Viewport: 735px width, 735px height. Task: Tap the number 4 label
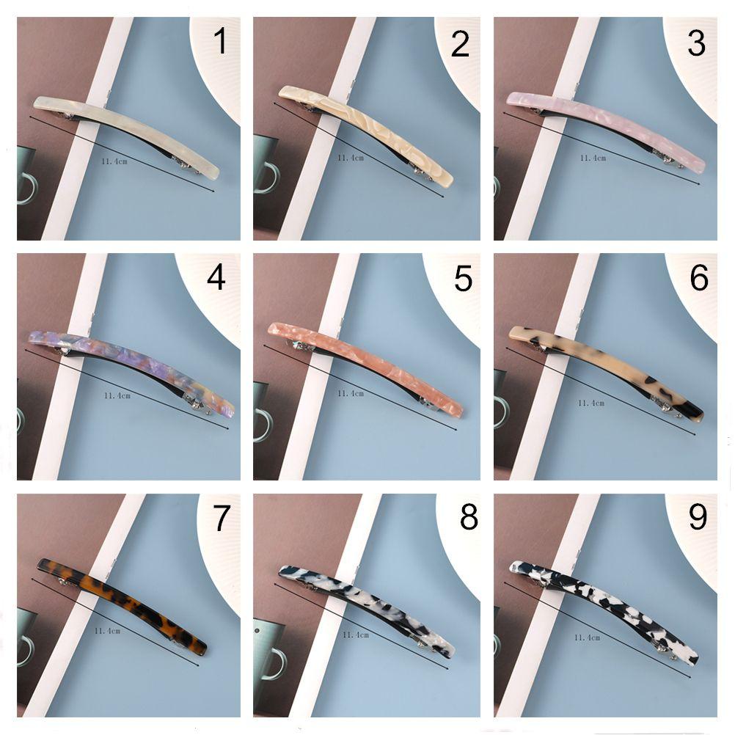pyautogui.click(x=216, y=278)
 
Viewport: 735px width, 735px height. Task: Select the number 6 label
pyautogui.click(x=698, y=278)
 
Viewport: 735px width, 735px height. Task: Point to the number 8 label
pyautogui.click(x=469, y=517)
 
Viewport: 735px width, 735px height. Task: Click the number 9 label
pyautogui.click(x=698, y=517)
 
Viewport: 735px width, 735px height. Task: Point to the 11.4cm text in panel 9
pyautogui.click(x=588, y=637)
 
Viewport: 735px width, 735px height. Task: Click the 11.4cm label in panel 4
pyautogui.click(x=117, y=395)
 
